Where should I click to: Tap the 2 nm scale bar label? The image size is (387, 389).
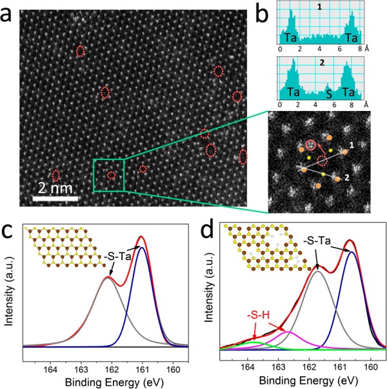57,188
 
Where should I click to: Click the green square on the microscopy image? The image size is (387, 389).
108,174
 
